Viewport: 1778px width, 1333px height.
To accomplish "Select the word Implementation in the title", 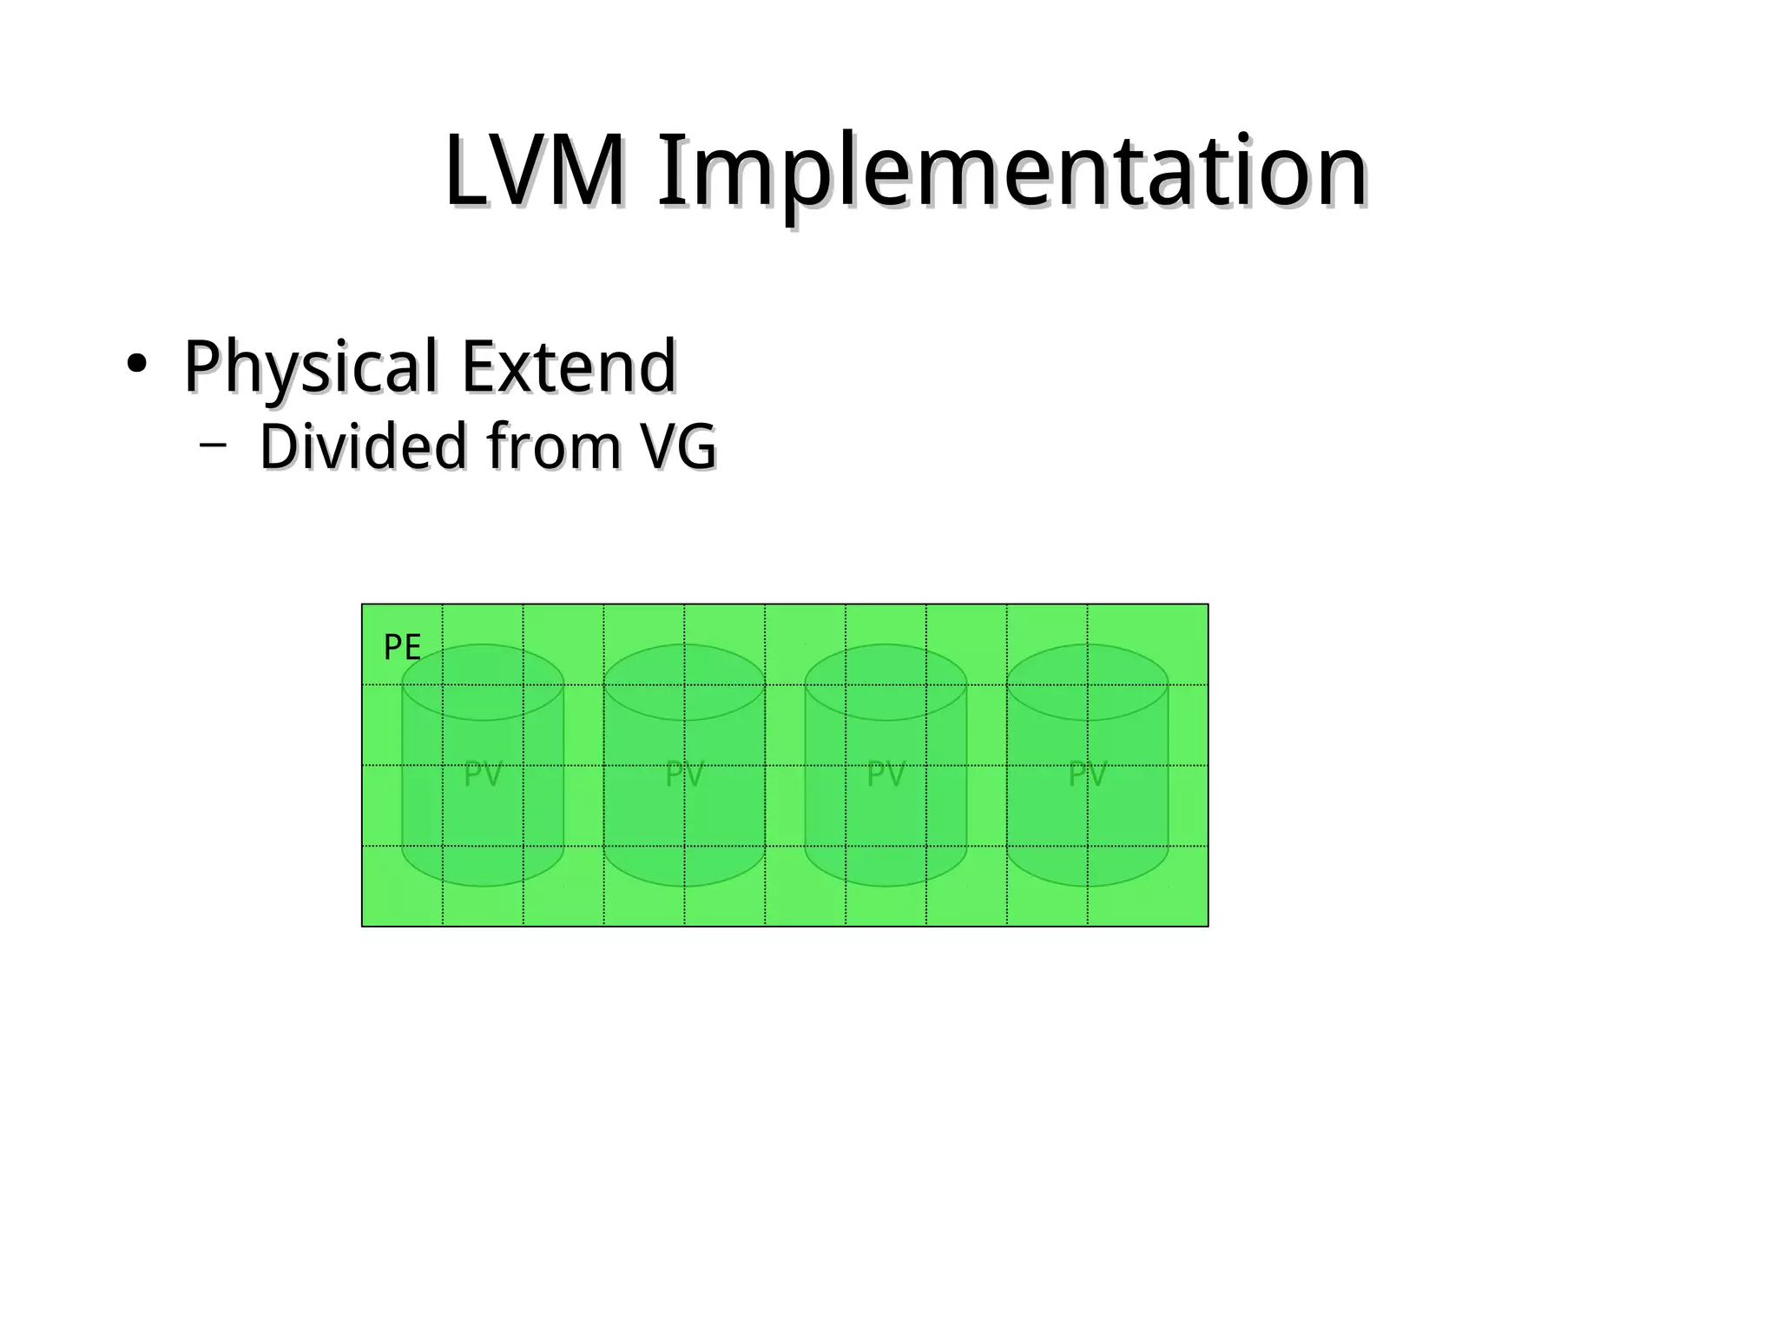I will click(x=1011, y=174).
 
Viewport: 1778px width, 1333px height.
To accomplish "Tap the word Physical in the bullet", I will click(x=310, y=366).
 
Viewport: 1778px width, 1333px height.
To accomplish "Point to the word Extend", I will click(x=569, y=366).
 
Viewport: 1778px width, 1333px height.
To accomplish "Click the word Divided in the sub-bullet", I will click(x=364, y=446).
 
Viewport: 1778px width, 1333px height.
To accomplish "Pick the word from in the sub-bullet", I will click(x=554, y=446).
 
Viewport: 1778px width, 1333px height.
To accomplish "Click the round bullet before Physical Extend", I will click(x=135, y=365).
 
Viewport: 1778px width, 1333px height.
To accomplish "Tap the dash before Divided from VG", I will click(x=212, y=445).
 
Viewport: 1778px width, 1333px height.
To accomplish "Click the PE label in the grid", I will click(x=402, y=648).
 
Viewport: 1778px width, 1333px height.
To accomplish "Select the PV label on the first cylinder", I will click(x=483, y=774).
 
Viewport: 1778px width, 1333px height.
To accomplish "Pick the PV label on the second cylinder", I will click(x=684, y=774).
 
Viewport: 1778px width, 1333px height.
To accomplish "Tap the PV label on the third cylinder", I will click(x=886, y=774).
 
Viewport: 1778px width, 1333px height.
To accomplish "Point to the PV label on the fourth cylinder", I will click(x=1087, y=774).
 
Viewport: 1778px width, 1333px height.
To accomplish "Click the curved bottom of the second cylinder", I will click(x=684, y=873).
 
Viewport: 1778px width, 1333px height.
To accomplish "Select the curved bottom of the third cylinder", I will click(x=886, y=873).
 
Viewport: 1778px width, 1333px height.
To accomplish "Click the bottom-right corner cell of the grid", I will click(x=1147, y=886).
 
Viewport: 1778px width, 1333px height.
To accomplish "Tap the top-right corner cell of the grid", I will click(x=1147, y=643).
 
